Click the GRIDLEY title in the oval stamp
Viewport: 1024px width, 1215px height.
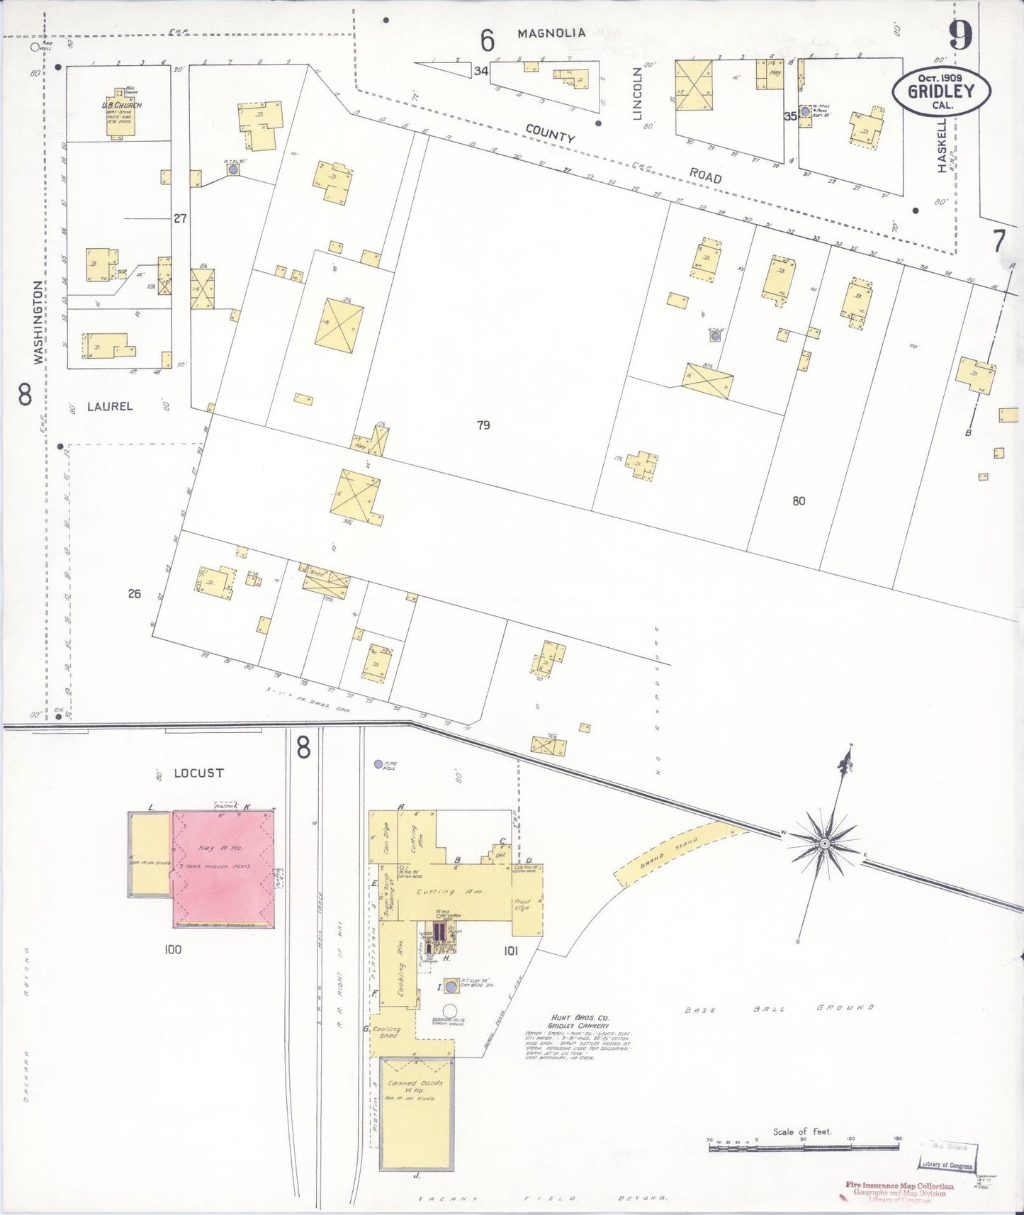(x=941, y=91)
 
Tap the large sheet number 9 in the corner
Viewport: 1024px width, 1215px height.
(x=960, y=35)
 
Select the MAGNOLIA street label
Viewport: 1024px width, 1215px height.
(x=551, y=33)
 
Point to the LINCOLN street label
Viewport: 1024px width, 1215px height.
(x=637, y=93)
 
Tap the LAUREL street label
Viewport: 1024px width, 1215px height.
(x=110, y=406)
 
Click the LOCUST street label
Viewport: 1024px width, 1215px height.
(x=198, y=773)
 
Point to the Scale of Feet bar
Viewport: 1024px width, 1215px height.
(x=804, y=1140)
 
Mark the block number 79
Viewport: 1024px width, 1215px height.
(x=483, y=425)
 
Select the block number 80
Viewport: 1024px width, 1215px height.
(x=799, y=500)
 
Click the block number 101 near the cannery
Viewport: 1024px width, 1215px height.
(x=510, y=951)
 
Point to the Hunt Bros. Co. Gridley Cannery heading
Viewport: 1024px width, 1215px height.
(x=580, y=1021)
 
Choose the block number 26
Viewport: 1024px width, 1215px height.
(x=135, y=594)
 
